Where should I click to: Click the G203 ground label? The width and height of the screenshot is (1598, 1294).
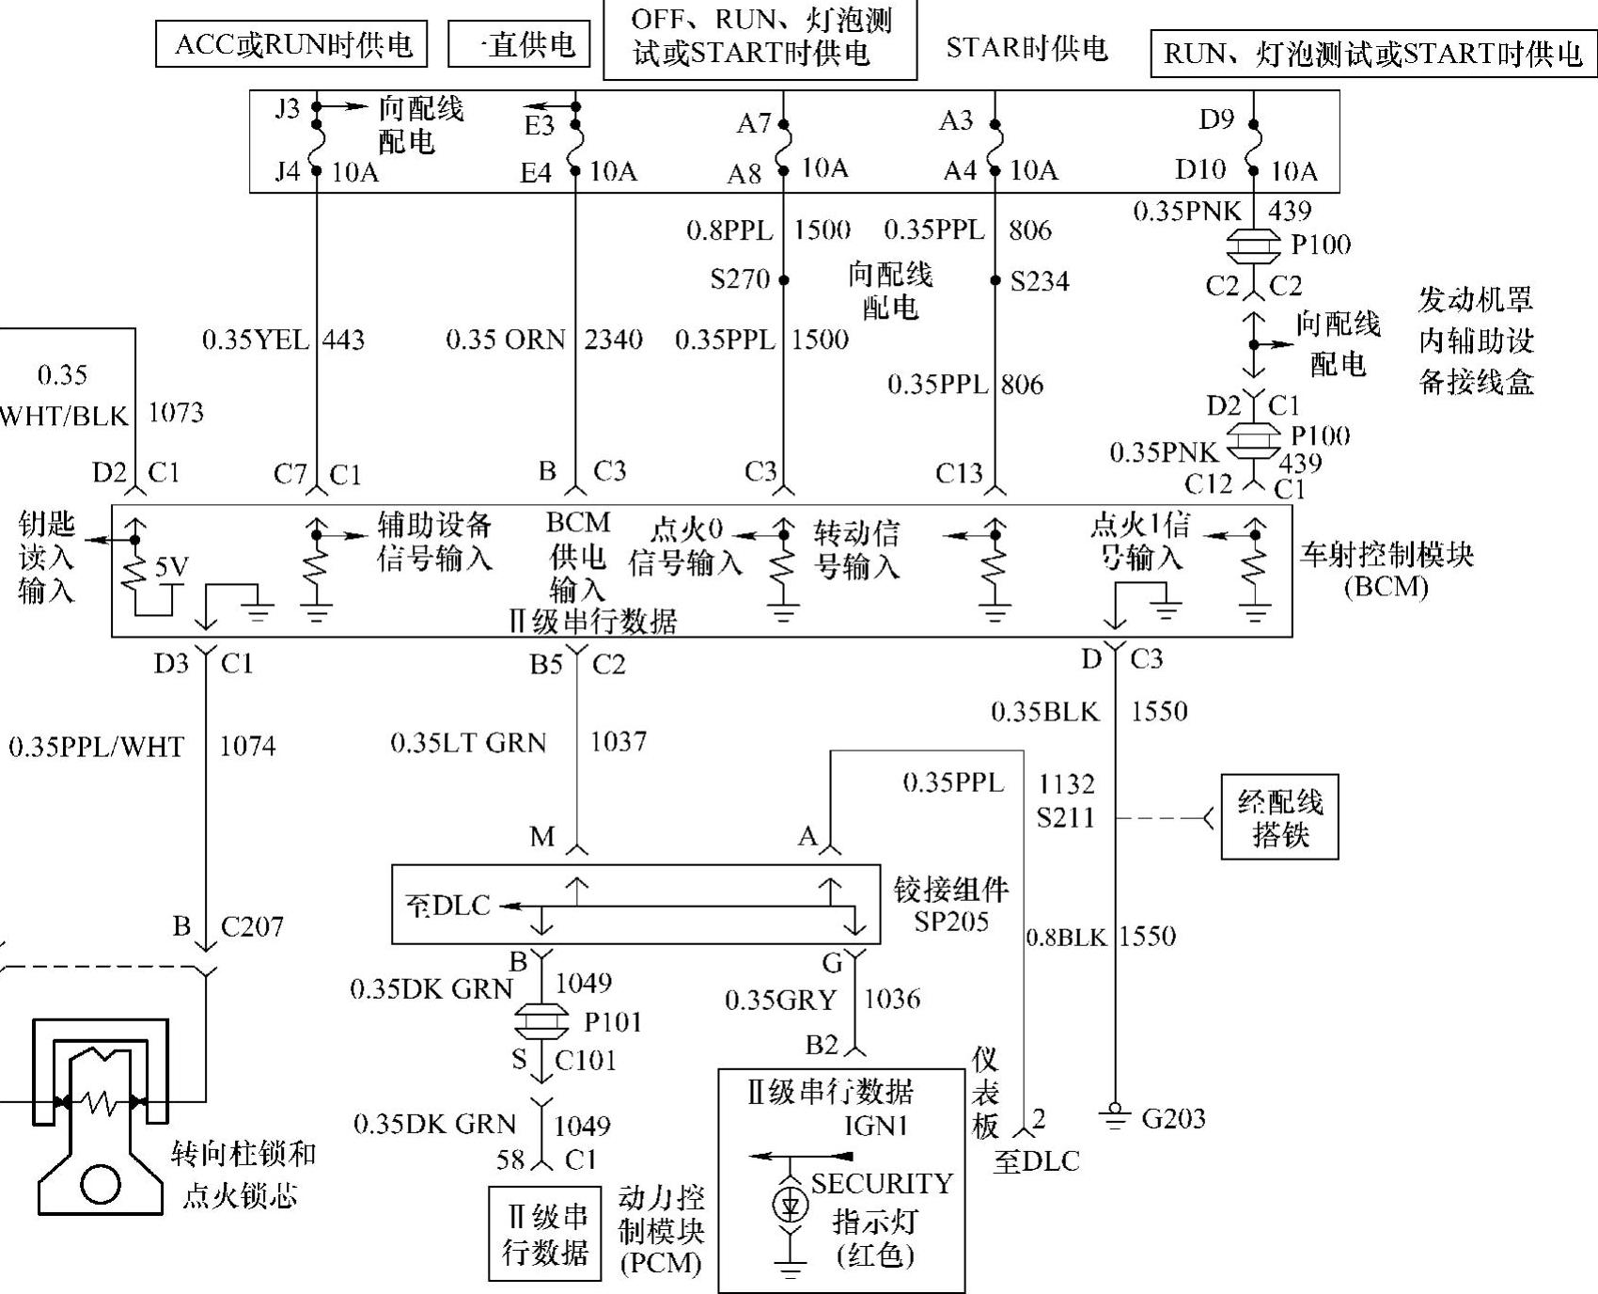1173,1118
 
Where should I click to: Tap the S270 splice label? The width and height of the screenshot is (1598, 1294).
740,279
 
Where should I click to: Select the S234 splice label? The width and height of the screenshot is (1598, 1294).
1040,281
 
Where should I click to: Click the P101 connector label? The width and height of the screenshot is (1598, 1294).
613,1021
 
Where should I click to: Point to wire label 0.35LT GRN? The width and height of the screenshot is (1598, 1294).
468,743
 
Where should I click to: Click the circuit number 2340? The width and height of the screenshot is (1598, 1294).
613,339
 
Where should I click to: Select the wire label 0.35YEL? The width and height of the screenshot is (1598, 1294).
256,339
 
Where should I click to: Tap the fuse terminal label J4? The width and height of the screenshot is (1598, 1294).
288,171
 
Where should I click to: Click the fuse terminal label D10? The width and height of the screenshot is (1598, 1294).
1200,169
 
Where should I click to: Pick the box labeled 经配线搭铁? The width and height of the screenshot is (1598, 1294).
1279,817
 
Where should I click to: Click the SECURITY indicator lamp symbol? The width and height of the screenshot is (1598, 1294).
789,1205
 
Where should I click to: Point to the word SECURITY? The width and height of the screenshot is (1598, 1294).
882,1183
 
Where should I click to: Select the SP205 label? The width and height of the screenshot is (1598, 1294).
951,921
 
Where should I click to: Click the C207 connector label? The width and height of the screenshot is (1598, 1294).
252,927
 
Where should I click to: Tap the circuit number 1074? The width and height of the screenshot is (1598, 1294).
248,746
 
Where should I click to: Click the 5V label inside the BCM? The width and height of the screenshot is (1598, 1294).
171,566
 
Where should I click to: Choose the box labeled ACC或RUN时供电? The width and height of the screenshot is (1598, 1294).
291,45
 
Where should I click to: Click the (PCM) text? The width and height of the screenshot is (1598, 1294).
661,1262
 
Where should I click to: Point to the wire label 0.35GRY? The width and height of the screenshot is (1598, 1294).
780,1001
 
